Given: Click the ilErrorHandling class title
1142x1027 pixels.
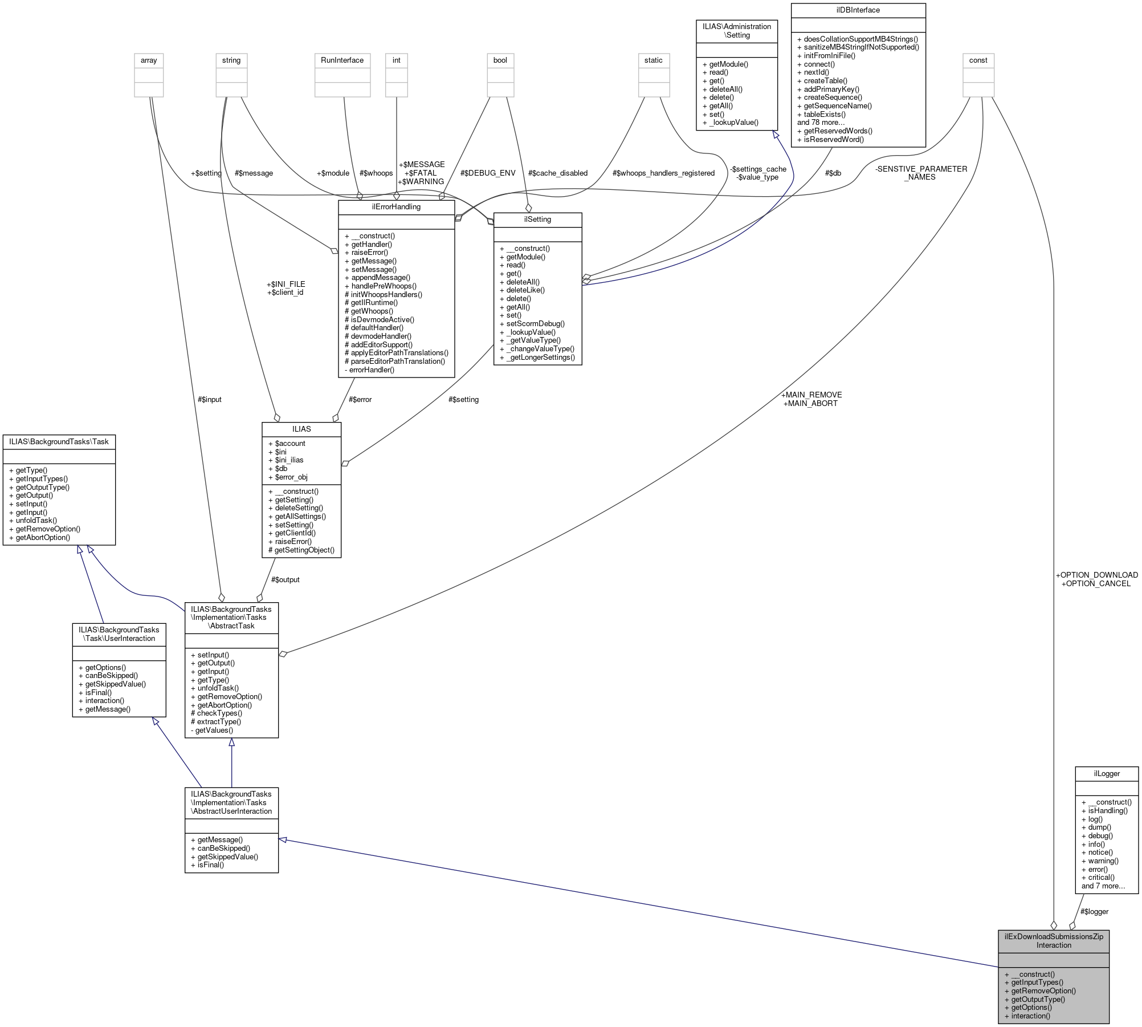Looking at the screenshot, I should click(x=396, y=207).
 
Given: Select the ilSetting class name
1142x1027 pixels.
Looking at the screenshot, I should click(x=537, y=220).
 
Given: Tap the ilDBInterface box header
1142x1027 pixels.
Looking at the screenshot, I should click(x=858, y=10).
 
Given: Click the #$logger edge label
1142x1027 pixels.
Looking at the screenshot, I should click(x=1094, y=911).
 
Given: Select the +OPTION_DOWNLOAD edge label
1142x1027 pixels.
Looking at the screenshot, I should click(x=1096, y=575).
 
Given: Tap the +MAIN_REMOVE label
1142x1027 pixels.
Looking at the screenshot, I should click(x=811, y=395).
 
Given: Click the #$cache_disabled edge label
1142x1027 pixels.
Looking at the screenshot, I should click(x=557, y=173).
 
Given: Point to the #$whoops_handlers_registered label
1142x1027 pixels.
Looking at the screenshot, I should click(x=663, y=173).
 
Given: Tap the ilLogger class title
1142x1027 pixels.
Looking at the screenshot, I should click(x=1106, y=774).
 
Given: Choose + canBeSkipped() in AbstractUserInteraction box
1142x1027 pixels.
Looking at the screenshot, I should click(x=223, y=848).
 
